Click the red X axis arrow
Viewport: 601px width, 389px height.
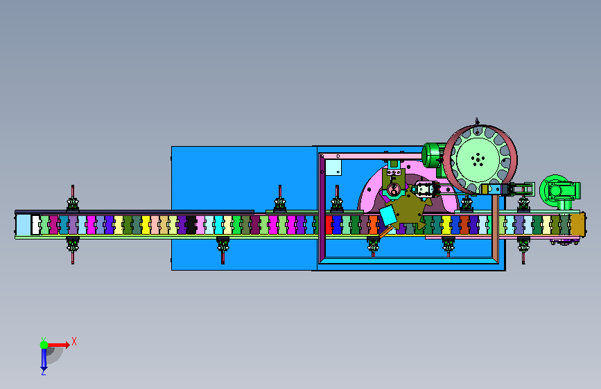point(58,345)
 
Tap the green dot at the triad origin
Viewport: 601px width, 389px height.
point(44,345)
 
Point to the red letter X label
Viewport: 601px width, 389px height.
point(74,341)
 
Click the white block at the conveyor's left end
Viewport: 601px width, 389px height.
point(35,225)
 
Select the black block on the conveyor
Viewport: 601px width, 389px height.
point(191,225)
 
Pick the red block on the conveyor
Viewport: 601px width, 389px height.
point(329,225)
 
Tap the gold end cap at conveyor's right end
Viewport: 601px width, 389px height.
point(578,224)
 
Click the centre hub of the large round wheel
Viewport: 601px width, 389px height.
point(478,159)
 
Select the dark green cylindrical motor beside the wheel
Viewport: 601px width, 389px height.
point(433,156)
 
